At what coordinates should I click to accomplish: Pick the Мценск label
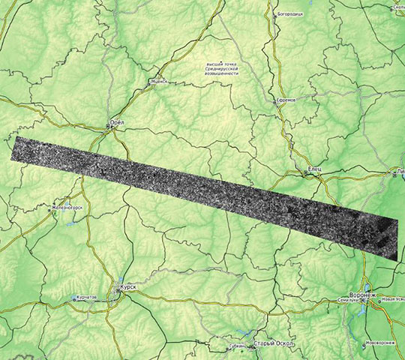[x=159, y=82]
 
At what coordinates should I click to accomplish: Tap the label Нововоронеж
[x=379, y=343]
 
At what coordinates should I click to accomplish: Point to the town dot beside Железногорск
[x=51, y=211]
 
